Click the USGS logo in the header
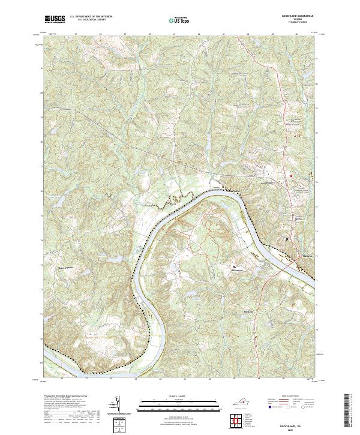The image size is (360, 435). click(55, 19)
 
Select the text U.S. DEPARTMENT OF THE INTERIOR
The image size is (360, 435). click(91, 17)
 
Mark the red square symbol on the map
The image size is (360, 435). click(292, 175)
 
